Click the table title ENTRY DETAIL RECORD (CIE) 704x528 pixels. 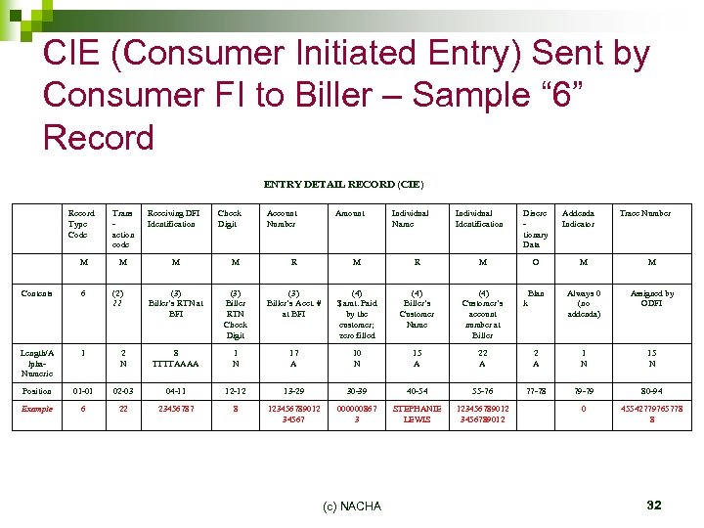(x=343, y=184)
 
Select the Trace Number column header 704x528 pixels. (x=645, y=213)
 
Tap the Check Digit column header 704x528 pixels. (x=230, y=218)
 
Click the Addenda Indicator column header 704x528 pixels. (x=578, y=218)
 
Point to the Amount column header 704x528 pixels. (x=349, y=213)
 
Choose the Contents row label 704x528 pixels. (x=39, y=293)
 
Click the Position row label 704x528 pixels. (x=37, y=391)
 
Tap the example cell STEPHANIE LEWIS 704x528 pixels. (x=417, y=414)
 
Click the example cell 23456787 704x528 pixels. (x=176, y=409)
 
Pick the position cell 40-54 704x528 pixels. (x=417, y=391)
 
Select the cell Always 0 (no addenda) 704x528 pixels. (x=584, y=303)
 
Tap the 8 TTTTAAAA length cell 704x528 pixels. (x=176, y=358)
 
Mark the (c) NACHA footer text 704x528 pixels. (x=351, y=505)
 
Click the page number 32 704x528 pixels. (x=654, y=505)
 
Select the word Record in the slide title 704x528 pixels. (x=98, y=137)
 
